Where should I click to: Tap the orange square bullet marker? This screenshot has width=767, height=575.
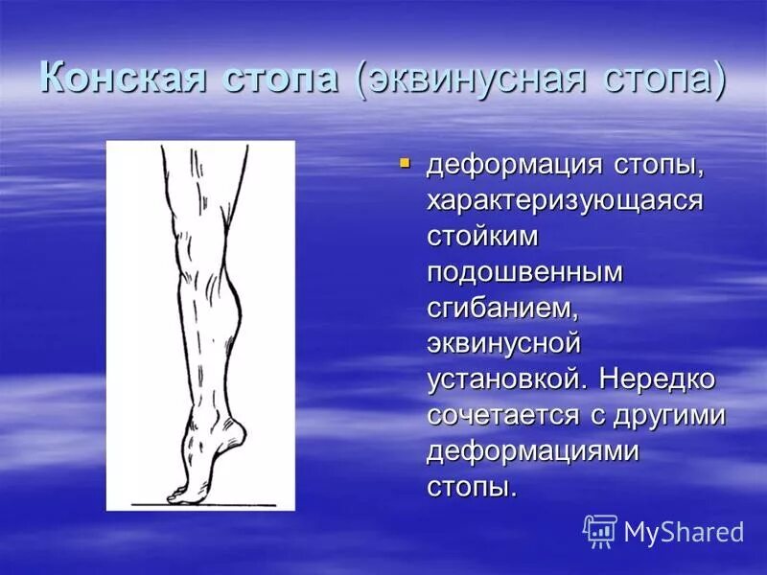[405, 164]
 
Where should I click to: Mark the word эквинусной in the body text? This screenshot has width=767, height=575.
[504, 343]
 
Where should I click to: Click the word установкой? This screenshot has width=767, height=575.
[507, 378]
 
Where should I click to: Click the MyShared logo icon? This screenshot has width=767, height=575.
[600, 530]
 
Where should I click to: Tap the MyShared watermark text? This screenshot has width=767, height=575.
[684, 532]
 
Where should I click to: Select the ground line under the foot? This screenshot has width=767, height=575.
[211, 505]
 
